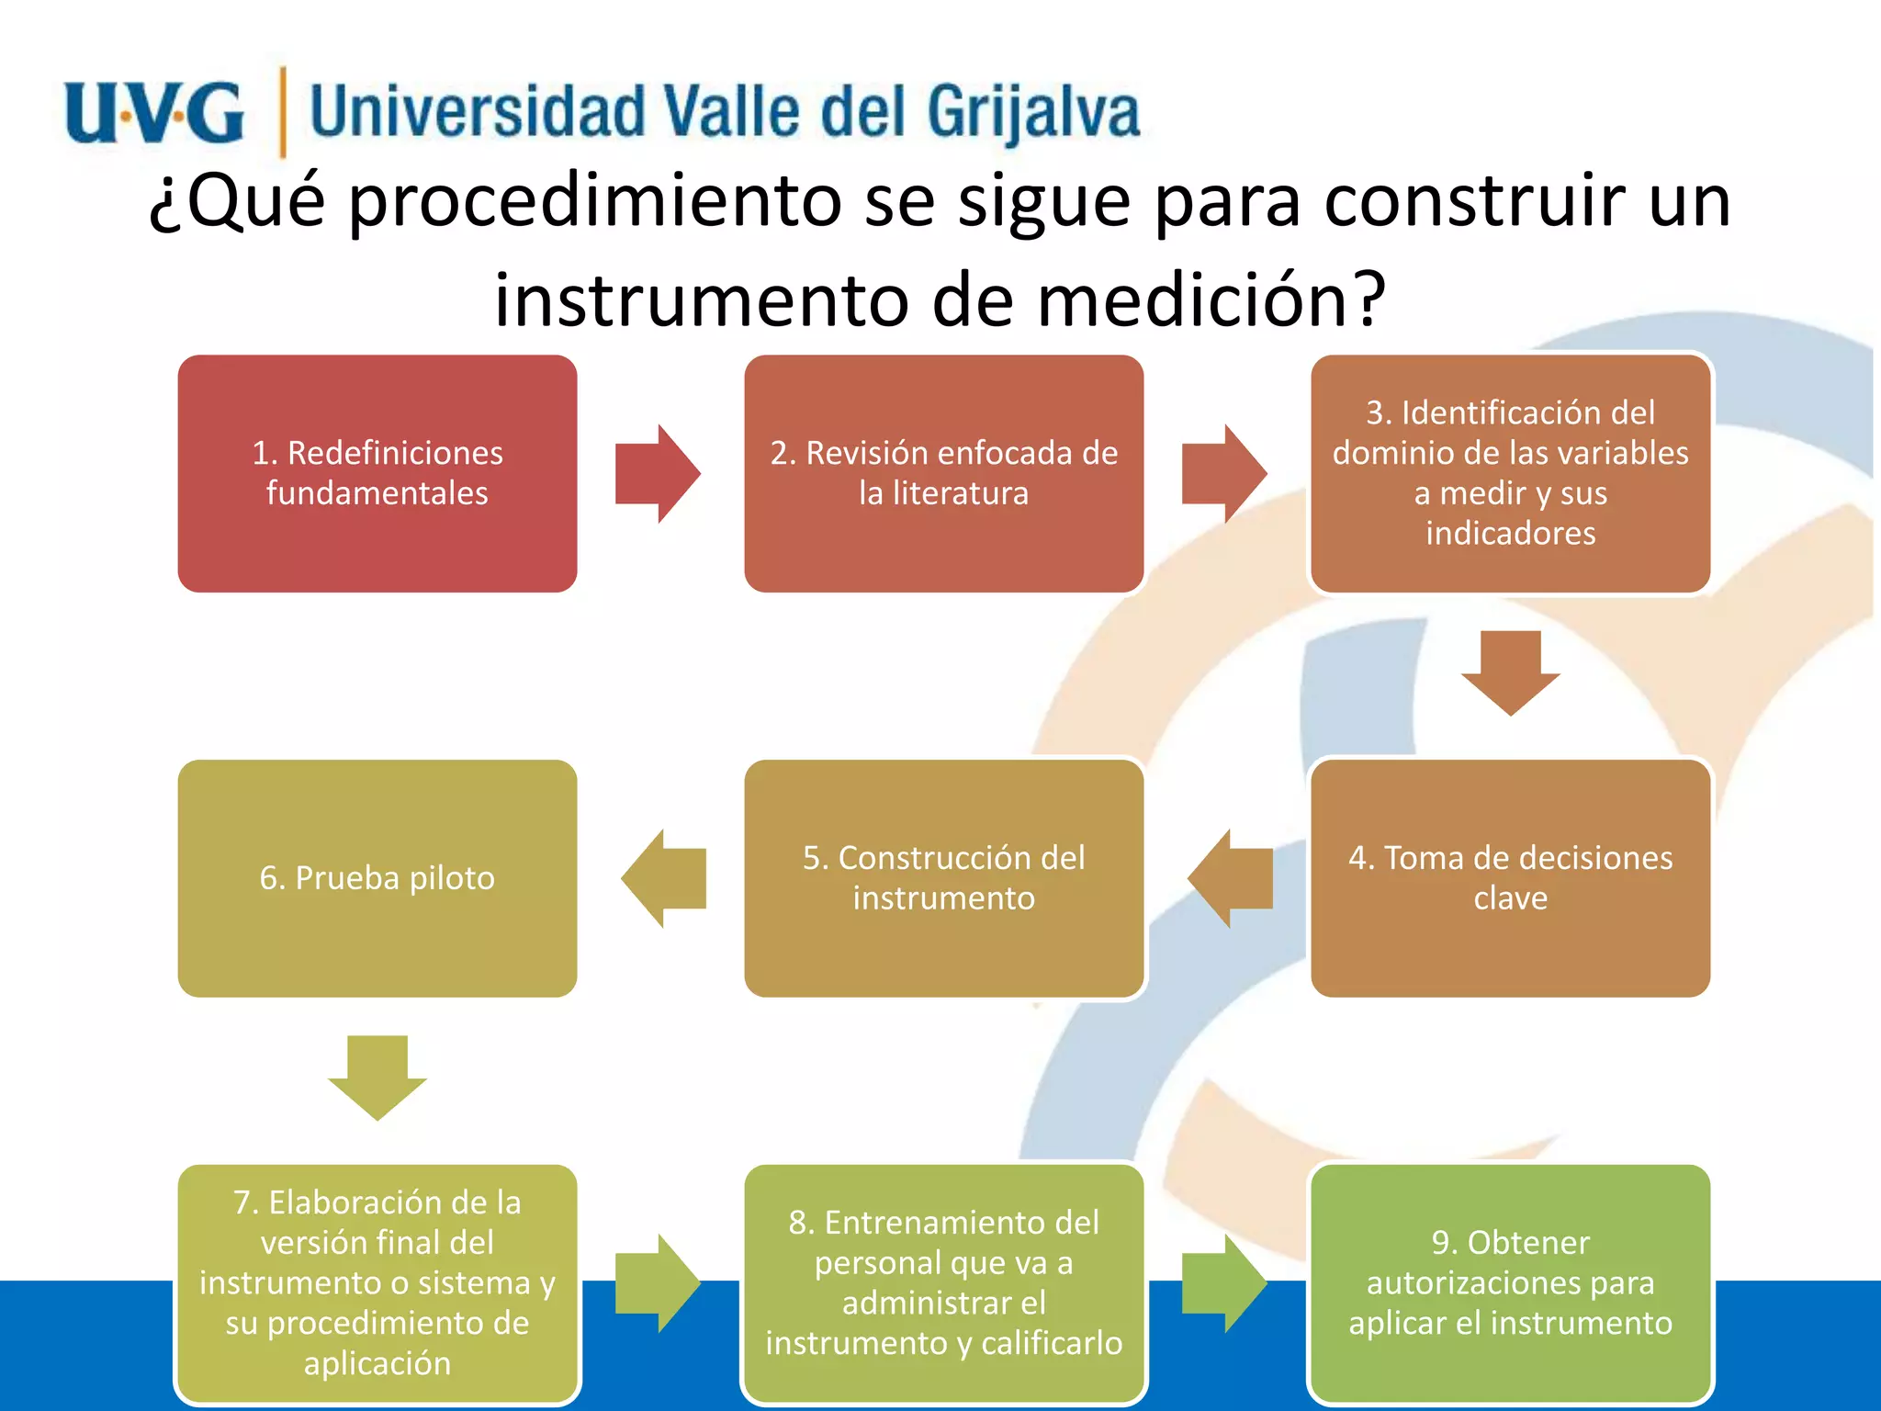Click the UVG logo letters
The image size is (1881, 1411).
154,112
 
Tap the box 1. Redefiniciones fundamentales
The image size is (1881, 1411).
377,474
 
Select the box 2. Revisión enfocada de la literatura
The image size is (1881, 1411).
943,474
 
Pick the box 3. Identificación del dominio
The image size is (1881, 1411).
1510,474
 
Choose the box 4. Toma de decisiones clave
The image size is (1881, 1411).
1510,878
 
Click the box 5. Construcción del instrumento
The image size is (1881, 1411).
943,878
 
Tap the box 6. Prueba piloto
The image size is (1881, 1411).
377,878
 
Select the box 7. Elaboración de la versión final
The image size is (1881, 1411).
377,1282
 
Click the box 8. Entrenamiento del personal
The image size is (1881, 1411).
943,1282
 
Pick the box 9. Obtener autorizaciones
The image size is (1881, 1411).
1510,1282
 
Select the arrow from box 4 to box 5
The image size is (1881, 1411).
1231,878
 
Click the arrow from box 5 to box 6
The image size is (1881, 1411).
664,878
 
